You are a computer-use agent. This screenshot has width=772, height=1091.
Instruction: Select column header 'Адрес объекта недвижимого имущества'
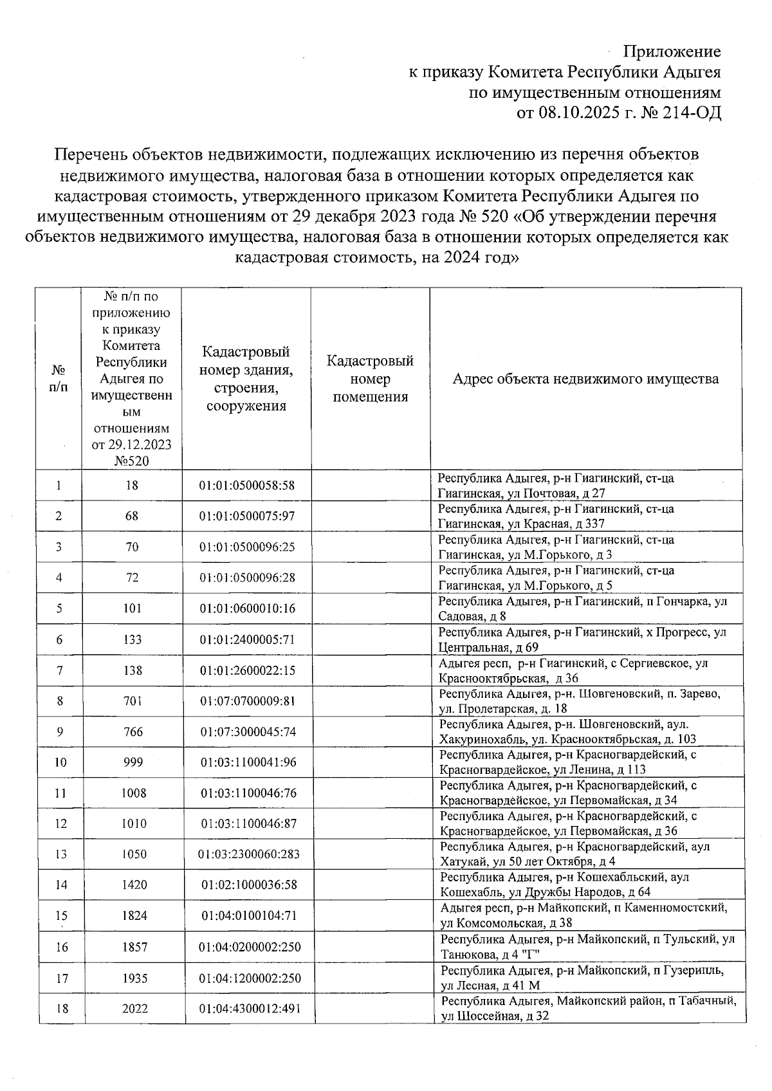pos(585,379)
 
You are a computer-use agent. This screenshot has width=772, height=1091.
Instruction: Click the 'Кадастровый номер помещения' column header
pos(370,379)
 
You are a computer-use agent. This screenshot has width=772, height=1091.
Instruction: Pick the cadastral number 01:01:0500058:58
pos(246,486)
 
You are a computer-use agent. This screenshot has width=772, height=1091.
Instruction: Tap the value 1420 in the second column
pos(134,885)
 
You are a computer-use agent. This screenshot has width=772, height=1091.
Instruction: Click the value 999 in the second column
pos(133,762)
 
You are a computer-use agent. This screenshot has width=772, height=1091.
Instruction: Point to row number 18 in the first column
pos(62,1009)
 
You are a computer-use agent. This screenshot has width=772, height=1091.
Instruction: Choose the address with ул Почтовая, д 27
pos(556,486)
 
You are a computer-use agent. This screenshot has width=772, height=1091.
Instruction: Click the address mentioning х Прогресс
pos(582,639)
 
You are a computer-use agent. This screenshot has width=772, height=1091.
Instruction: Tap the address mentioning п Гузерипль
pos(582,978)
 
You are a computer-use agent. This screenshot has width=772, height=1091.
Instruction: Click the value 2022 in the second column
pos(134,1009)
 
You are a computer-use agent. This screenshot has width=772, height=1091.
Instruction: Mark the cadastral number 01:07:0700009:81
pos(248,701)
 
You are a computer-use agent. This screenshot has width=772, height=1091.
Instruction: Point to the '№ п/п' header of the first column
pos(59,379)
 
